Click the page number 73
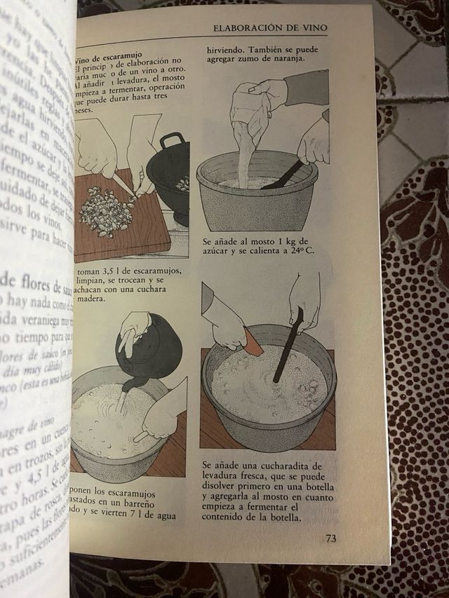pos(330,538)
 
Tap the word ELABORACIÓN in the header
pos(248,28)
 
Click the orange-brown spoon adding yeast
pos(253,343)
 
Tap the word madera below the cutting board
pos(91,298)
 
